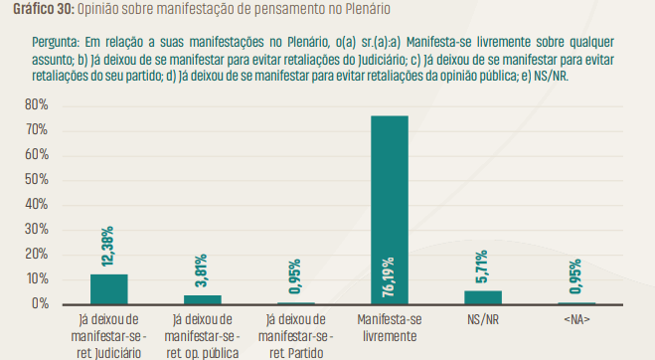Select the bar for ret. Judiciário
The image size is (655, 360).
(x=109, y=288)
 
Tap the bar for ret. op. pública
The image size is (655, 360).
(x=203, y=298)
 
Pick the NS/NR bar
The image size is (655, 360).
(x=483, y=296)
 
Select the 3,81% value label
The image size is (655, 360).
(x=203, y=271)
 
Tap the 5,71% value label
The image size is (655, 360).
(x=483, y=268)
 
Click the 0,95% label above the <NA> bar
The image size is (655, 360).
(x=576, y=278)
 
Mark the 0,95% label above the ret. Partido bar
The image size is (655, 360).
(x=296, y=278)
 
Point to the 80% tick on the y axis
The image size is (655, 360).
(x=37, y=105)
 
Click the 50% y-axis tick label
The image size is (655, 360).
(x=37, y=180)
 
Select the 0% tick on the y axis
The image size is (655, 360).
(x=40, y=303)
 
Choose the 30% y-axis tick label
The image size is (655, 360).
(x=37, y=230)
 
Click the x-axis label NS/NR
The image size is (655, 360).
(x=483, y=320)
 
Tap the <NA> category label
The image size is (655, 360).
(x=576, y=320)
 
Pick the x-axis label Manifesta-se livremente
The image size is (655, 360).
(x=389, y=328)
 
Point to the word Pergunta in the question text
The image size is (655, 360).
(x=58, y=44)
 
